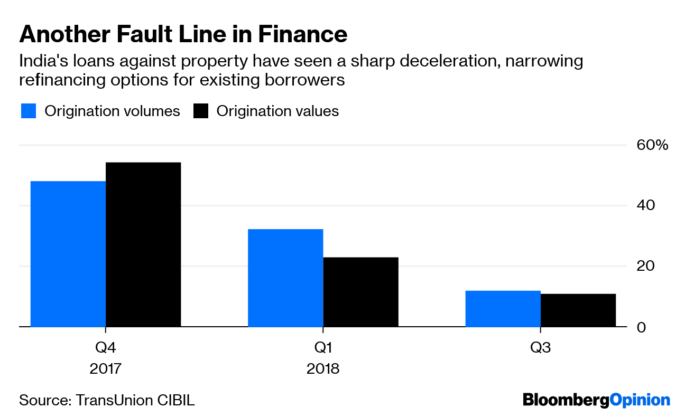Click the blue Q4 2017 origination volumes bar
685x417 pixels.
pyautogui.click(x=68, y=254)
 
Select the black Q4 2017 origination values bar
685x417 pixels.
pyautogui.click(x=143, y=244)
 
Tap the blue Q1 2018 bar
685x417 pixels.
pyautogui.click(x=285, y=278)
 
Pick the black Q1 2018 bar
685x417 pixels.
pyautogui.click(x=360, y=292)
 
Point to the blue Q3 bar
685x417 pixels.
pyautogui.click(x=503, y=309)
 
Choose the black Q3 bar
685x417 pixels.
pyautogui.click(x=578, y=310)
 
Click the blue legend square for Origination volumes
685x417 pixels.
pyautogui.click(x=29, y=111)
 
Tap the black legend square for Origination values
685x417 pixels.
pyautogui.click(x=201, y=111)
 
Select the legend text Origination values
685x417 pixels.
pyautogui.click(x=277, y=111)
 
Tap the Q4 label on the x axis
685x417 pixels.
pyautogui.click(x=106, y=348)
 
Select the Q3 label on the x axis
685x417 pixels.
pyautogui.click(x=540, y=348)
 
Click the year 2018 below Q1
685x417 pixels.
pyautogui.click(x=323, y=368)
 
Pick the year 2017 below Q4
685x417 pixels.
pyautogui.click(x=106, y=368)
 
